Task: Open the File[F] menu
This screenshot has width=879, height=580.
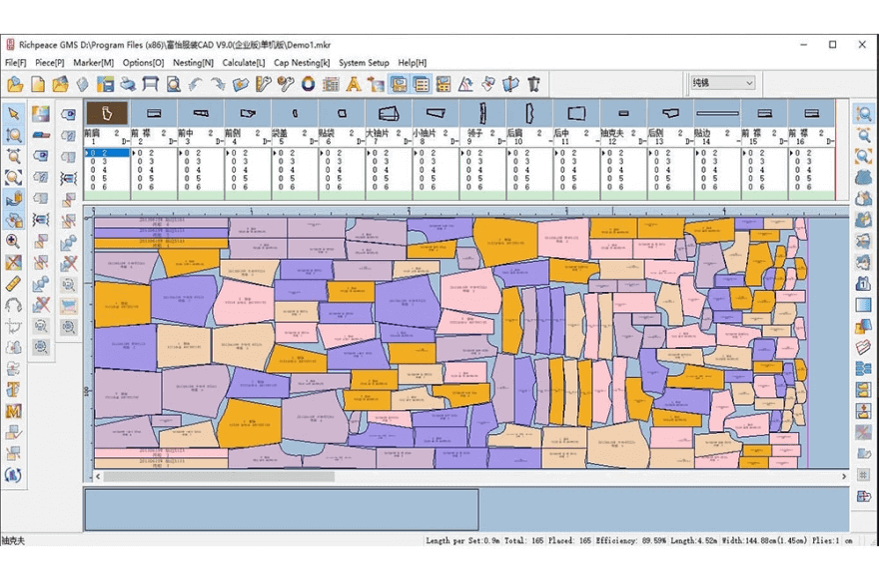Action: tap(16, 62)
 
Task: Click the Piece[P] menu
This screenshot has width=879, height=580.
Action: tap(50, 62)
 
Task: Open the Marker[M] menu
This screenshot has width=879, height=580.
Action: tap(94, 62)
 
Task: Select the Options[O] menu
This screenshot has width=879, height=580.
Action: tap(143, 62)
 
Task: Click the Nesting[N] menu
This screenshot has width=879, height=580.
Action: tap(194, 62)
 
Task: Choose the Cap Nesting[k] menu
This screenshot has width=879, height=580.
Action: tap(302, 62)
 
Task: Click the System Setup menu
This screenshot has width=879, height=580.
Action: tap(364, 62)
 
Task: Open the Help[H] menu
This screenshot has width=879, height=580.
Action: tap(413, 62)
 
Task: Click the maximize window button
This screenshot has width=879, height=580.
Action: tap(833, 44)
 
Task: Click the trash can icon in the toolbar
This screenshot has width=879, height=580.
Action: tap(534, 84)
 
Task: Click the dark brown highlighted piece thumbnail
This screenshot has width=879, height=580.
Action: tap(106, 113)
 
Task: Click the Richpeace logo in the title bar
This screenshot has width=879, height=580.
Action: tap(10, 44)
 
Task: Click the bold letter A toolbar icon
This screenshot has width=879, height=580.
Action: tap(354, 84)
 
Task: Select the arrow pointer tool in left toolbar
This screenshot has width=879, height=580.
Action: tap(14, 113)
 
